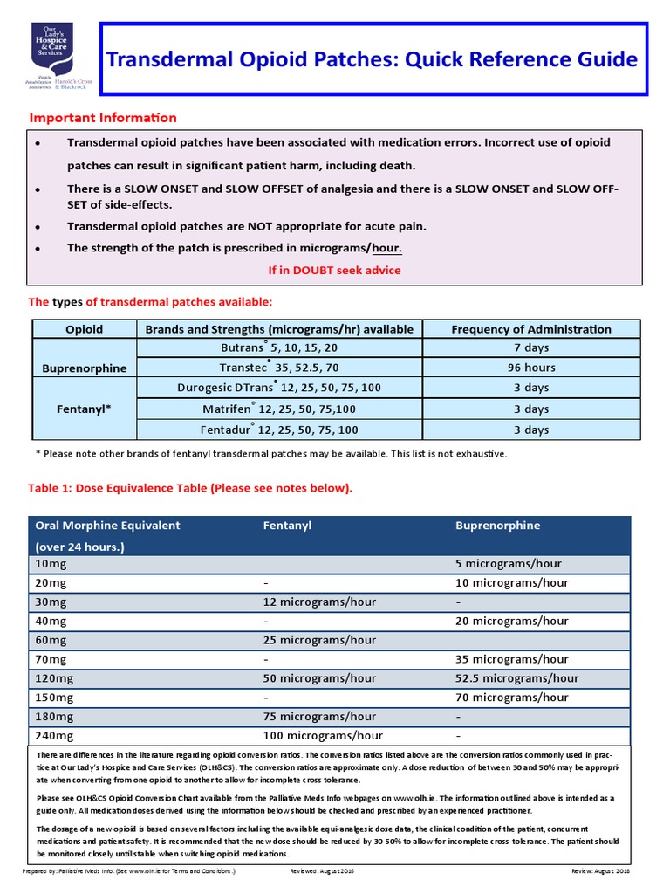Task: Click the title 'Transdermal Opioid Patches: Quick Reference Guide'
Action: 372,60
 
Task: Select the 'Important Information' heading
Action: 103,118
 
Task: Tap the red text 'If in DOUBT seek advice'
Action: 334,271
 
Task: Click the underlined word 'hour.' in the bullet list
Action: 386,248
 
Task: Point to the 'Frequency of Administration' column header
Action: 530,329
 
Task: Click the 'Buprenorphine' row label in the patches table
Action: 85,368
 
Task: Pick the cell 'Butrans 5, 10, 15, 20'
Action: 278,347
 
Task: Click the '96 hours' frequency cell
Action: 531,368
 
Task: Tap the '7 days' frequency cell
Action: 531,347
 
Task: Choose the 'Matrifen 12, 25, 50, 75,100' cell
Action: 278,409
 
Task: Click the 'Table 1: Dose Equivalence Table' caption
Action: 191,488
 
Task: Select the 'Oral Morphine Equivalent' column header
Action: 107,526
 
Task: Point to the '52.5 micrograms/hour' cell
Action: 516,678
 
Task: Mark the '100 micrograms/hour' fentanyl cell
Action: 323,736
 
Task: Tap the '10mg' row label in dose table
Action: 51,564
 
